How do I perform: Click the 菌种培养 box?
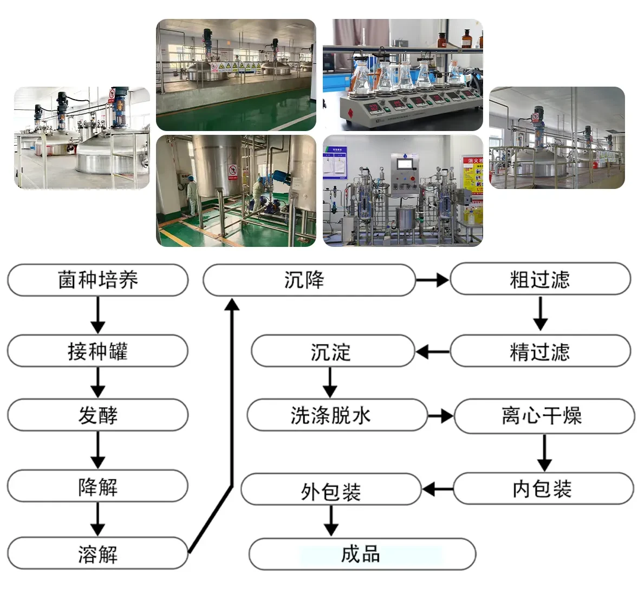click(97, 280)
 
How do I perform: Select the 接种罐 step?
click(97, 351)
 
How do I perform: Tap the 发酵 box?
click(97, 415)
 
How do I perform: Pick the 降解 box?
click(97, 486)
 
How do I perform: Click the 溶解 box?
click(97, 553)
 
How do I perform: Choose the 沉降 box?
click(309, 280)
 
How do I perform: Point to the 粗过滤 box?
click(540, 279)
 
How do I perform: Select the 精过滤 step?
click(540, 351)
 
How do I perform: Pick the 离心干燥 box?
click(543, 416)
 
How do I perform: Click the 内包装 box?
click(543, 489)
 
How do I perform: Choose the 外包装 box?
click(331, 489)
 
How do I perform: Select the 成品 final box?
click(362, 554)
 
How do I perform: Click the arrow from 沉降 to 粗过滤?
click(432, 280)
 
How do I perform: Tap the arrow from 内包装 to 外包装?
click(437, 489)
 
